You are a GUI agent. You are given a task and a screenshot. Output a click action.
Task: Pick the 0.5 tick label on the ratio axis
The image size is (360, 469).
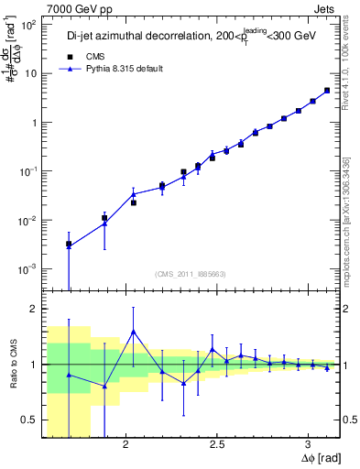[x=28, y=420]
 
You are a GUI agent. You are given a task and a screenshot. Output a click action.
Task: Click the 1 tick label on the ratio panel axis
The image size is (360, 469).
[x=33, y=365]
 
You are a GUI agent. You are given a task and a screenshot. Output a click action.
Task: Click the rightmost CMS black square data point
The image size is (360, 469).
[x=327, y=91]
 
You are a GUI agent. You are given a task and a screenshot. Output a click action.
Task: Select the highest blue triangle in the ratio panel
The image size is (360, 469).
[x=134, y=332]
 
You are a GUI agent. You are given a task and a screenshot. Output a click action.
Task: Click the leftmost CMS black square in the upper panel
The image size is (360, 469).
[x=69, y=245]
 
